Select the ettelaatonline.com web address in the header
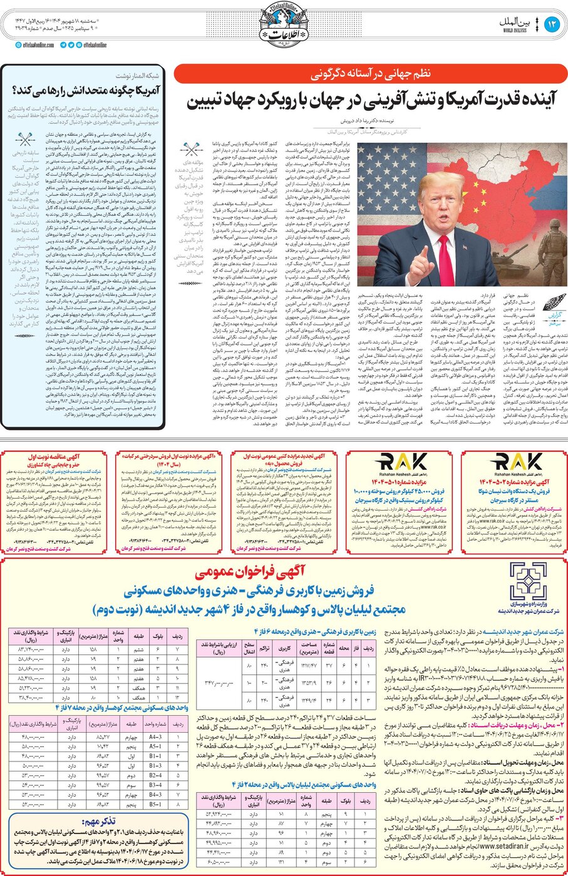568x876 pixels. click(36, 45)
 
